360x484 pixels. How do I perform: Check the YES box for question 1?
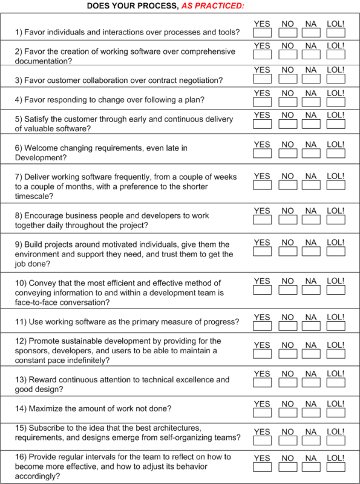(x=263, y=34)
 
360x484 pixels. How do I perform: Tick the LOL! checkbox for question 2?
(x=336, y=56)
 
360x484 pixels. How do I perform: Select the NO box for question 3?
(x=288, y=80)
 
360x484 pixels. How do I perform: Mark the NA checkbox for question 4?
(x=311, y=103)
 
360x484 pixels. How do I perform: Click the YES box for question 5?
(x=263, y=125)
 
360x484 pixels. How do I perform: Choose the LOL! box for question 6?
(x=336, y=154)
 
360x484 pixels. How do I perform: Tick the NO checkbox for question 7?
(x=288, y=186)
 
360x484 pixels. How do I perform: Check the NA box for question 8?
(x=311, y=220)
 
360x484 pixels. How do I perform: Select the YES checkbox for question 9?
(x=263, y=252)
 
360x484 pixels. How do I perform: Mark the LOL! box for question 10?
(x=336, y=290)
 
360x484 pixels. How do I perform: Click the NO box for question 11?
(x=288, y=327)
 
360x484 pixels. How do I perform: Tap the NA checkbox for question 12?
(x=311, y=355)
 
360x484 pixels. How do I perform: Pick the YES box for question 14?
(x=263, y=413)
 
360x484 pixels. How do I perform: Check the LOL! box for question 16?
(x=336, y=468)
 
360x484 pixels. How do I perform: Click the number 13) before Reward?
(x=22, y=380)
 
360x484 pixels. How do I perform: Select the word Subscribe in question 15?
(x=49, y=428)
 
